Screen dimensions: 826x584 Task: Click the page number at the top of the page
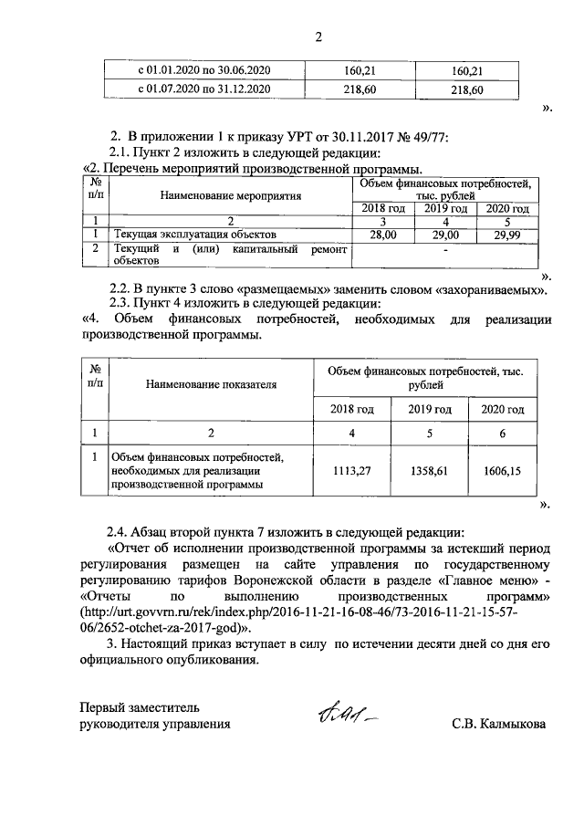point(319,37)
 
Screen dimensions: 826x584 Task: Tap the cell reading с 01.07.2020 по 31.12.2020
point(199,89)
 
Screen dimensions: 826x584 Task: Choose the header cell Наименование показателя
point(210,384)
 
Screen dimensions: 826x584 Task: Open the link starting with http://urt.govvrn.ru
point(315,612)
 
